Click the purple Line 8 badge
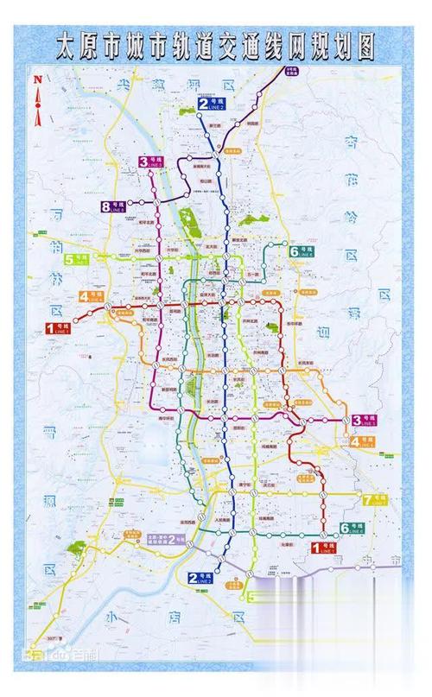click(113, 206)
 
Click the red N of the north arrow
click(37, 80)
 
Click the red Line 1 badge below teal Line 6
click(325, 547)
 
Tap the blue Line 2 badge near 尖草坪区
click(211, 105)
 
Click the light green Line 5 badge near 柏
click(75, 259)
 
